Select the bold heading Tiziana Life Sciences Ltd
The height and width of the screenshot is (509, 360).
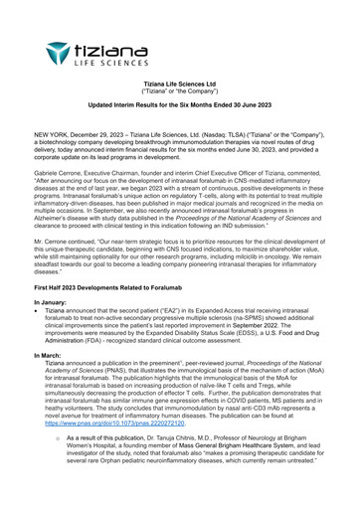(x=180, y=85)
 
